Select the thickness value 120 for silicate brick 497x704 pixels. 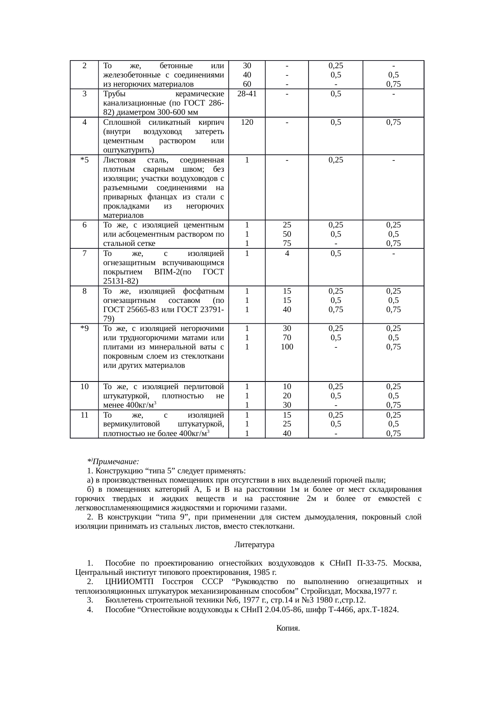coord(247,122)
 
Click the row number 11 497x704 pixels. coord(84,415)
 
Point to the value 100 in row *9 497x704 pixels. coord(287,347)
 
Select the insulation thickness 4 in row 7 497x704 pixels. coord(287,254)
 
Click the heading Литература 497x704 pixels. coord(254,545)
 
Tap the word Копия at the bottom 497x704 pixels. coord(288,628)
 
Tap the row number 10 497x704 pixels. coord(84,387)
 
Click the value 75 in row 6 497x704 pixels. coord(287,243)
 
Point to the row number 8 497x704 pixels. coord(85,291)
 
